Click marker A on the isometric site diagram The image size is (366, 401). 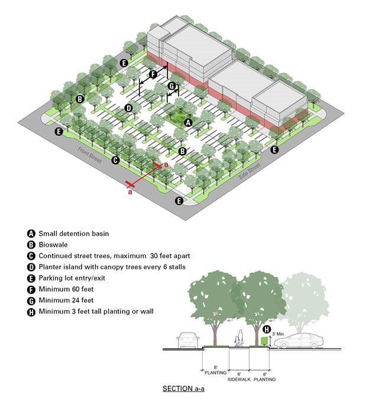(188, 123)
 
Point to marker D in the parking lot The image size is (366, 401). (128, 108)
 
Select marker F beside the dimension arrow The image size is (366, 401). (153, 74)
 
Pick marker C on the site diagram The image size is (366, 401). (116, 160)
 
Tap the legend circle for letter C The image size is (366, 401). (31, 256)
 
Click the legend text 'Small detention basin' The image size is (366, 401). (74, 233)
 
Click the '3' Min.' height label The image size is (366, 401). (279, 334)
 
